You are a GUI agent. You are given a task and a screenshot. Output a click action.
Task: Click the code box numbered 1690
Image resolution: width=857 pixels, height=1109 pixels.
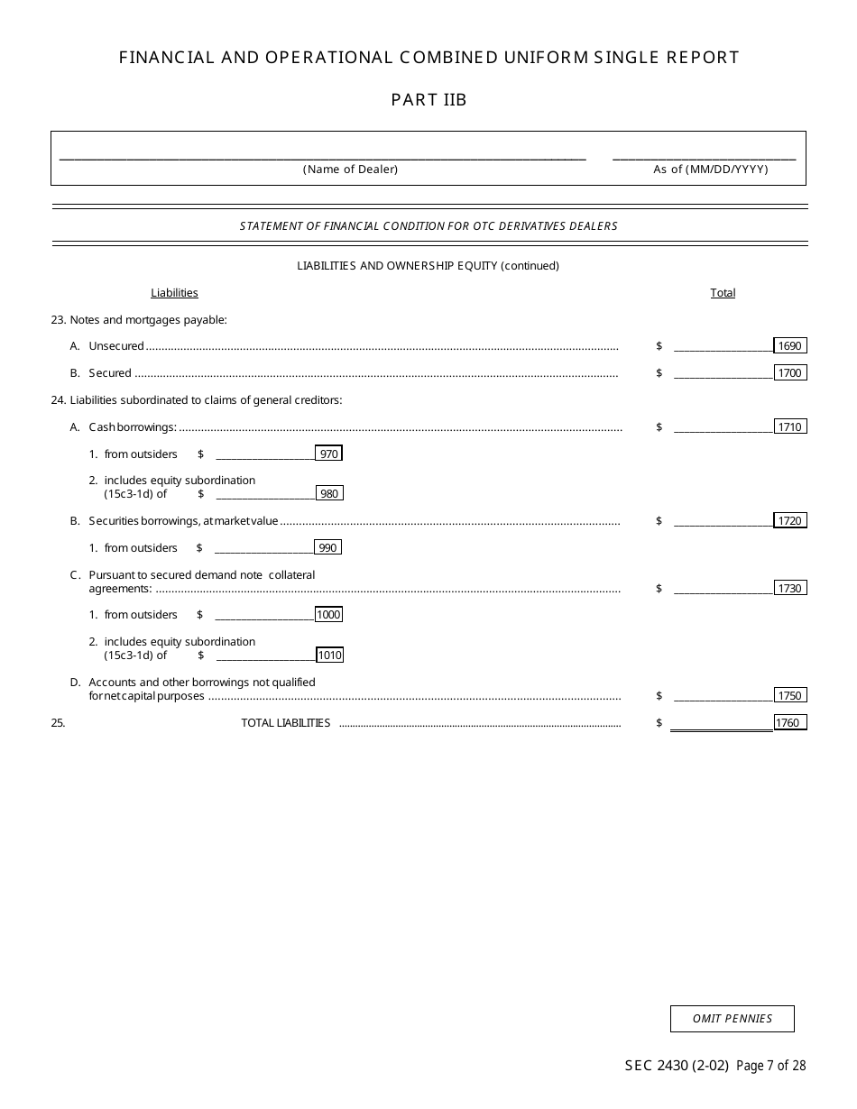789,346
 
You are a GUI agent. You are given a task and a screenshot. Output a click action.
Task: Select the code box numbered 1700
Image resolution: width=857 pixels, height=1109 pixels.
789,373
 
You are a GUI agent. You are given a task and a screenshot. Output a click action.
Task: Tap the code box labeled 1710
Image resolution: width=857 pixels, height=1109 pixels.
789,427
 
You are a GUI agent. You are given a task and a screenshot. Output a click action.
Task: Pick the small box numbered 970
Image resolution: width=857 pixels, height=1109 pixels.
329,454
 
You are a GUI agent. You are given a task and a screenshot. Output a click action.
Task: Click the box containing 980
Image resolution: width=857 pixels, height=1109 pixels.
329,494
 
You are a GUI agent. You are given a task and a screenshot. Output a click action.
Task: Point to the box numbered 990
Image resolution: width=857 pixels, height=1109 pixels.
328,548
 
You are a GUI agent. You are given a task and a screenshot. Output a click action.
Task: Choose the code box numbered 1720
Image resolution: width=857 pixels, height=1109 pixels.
789,521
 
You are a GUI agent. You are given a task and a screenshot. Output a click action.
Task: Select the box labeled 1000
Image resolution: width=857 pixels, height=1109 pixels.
329,615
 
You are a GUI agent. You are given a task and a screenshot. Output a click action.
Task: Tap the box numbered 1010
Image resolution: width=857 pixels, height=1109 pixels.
329,655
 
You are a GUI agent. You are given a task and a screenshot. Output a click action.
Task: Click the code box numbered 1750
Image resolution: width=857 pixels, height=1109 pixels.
789,696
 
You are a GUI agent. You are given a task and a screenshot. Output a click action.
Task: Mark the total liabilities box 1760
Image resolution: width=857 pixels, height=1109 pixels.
789,723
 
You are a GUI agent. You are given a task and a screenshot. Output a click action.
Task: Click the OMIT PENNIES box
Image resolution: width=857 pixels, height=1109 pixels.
732,1019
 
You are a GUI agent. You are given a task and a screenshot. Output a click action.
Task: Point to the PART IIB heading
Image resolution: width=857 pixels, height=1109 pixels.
428,100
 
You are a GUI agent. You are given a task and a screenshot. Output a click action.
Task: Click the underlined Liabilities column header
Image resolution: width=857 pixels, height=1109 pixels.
174,293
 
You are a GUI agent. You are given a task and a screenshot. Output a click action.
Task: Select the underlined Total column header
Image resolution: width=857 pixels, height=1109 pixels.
723,293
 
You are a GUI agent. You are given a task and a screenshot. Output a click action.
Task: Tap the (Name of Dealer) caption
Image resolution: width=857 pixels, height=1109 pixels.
350,170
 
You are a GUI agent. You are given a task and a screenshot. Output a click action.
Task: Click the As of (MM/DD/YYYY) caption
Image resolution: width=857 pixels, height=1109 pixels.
711,170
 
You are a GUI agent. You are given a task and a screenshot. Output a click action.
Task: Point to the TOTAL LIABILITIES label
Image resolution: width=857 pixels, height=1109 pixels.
285,723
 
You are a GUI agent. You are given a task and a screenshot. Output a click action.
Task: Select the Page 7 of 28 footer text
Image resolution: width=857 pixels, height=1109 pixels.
770,1066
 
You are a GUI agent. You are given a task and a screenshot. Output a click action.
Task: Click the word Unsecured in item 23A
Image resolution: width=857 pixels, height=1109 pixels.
116,346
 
